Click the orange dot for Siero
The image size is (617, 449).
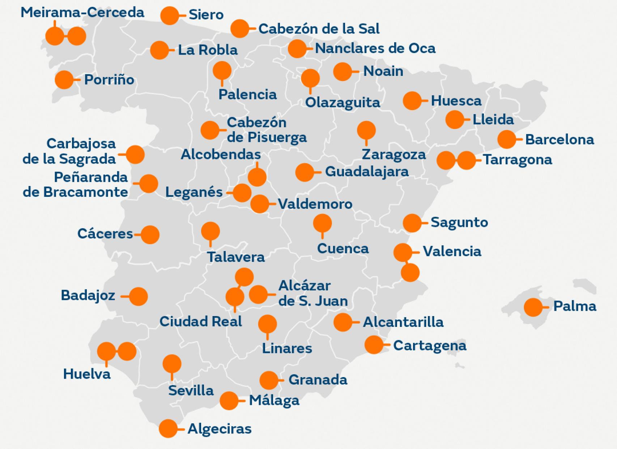(169, 16)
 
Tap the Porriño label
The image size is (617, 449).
(109, 80)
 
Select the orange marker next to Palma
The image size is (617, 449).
(533, 307)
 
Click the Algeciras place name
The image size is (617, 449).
(219, 429)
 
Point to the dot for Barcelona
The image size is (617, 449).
(506, 139)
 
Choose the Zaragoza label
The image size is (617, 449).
(393, 155)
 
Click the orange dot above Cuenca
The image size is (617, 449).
(322, 223)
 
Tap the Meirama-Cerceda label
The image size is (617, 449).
(82, 13)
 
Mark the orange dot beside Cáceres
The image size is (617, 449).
(150, 235)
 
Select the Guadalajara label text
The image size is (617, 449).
(367, 171)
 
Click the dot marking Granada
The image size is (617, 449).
(269, 380)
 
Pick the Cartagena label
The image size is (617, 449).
(430, 346)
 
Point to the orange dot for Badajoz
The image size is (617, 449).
(138, 297)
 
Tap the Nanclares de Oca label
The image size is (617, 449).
(375, 48)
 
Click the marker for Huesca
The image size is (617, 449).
(412, 101)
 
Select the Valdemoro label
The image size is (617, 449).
(315, 204)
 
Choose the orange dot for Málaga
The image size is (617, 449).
(229, 401)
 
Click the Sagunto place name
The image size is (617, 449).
(459, 223)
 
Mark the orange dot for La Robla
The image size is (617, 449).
(159, 50)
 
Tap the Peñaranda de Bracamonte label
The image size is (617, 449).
(75, 185)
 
